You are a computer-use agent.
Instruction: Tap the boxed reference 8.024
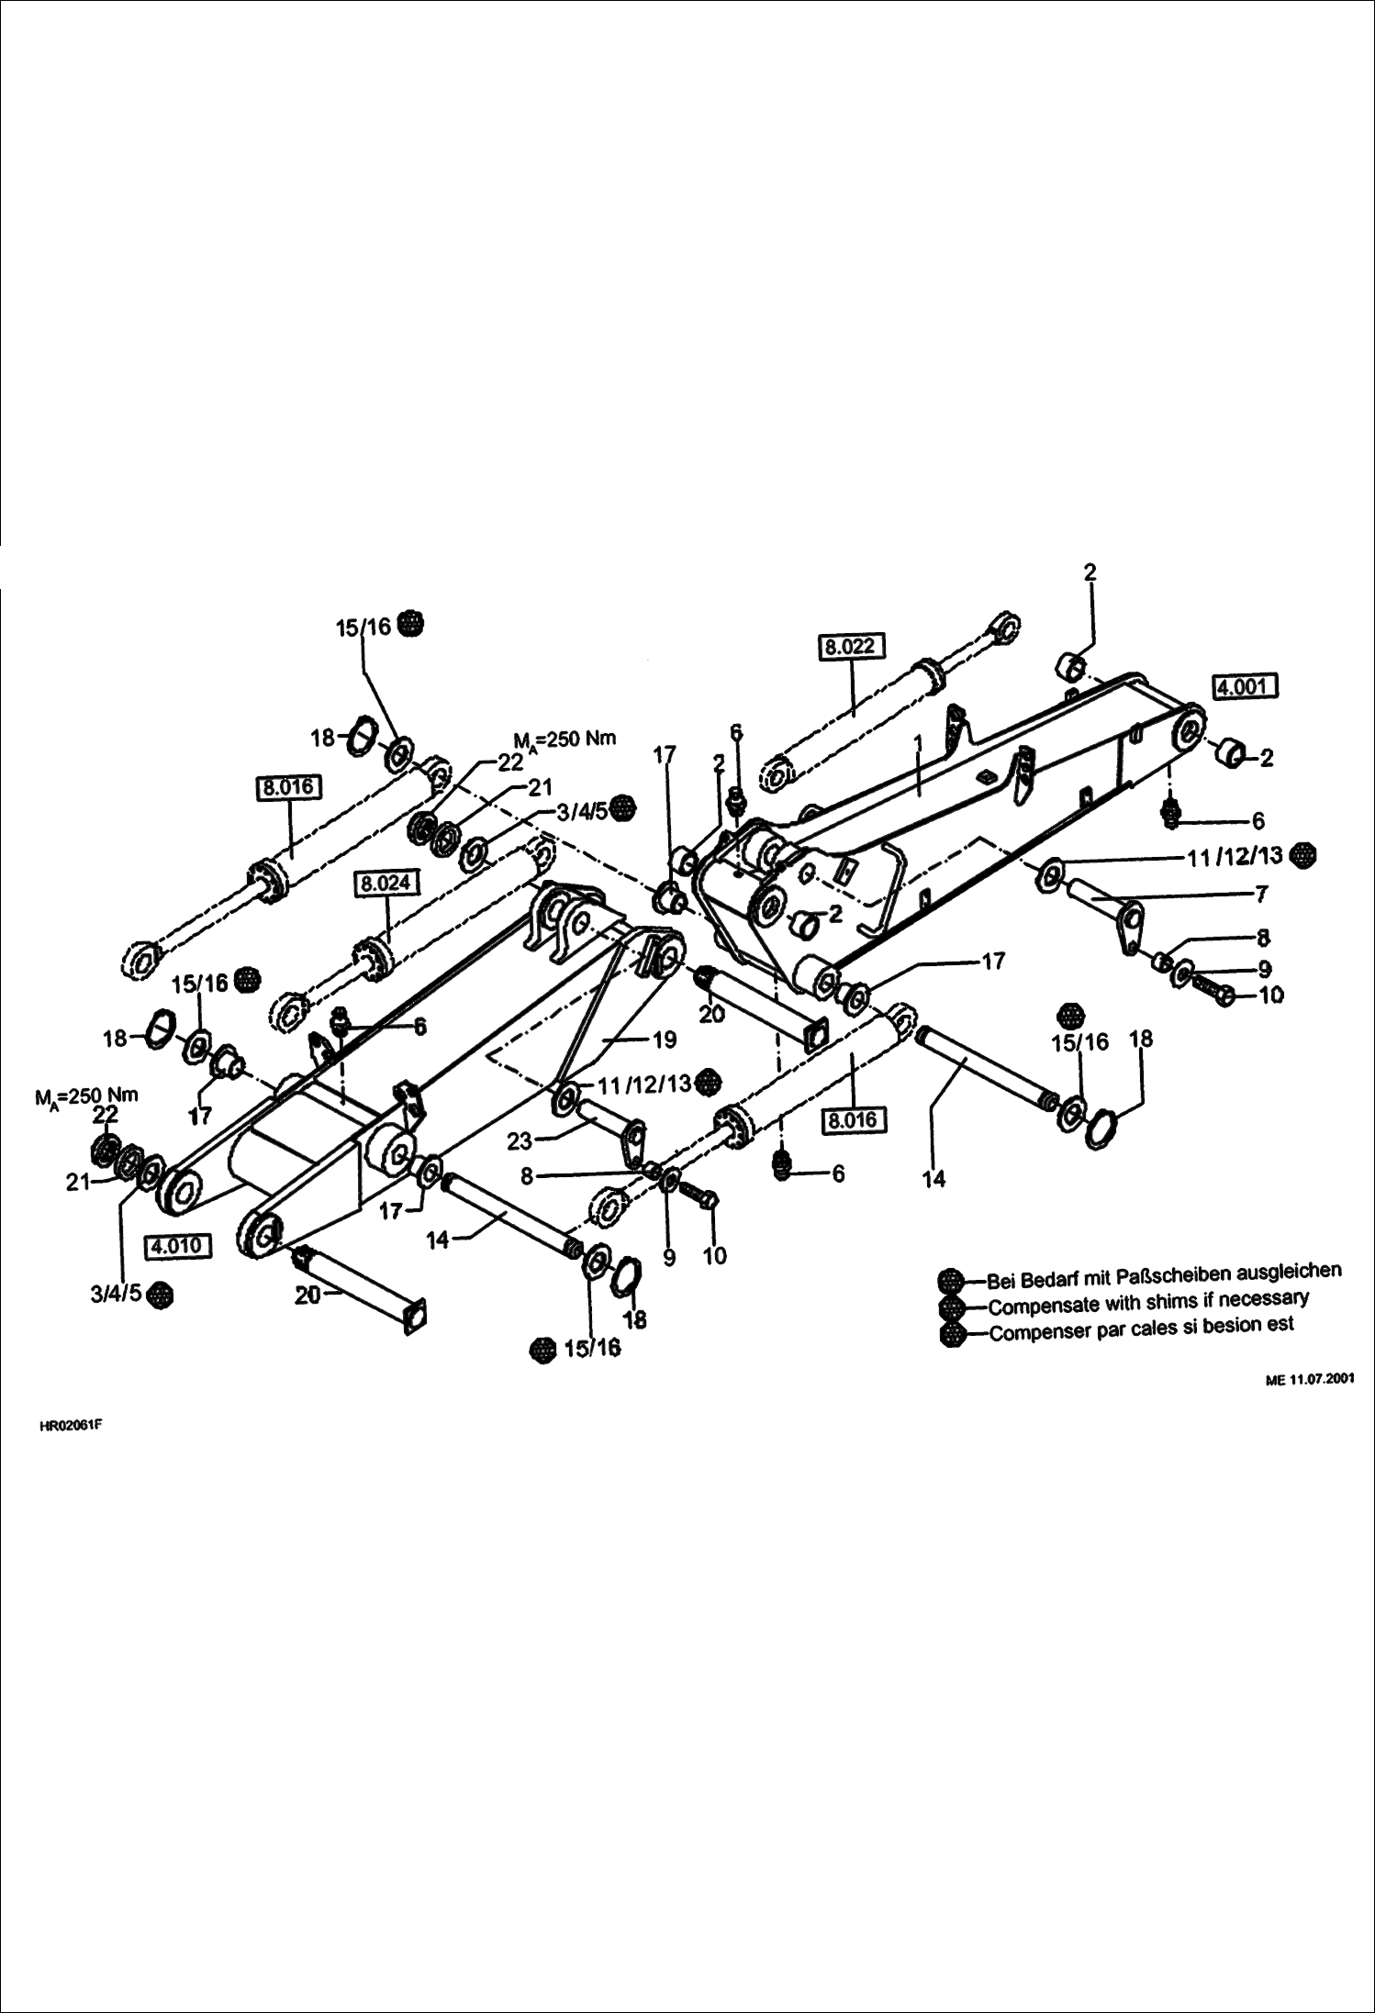(x=387, y=884)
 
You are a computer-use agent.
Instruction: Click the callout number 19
(x=664, y=1039)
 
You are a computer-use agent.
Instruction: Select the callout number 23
(x=520, y=1140)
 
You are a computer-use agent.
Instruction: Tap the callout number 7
(x=1261, y=892)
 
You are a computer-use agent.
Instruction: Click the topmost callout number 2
(x=1090, y=573)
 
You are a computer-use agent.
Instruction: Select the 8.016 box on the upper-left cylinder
(x=287, y=787)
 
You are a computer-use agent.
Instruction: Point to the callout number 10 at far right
(x=1270, y=995)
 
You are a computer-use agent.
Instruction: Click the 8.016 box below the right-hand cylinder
(x=853, y=1119)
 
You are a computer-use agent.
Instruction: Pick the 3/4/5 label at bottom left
(x=115, y=1294)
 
